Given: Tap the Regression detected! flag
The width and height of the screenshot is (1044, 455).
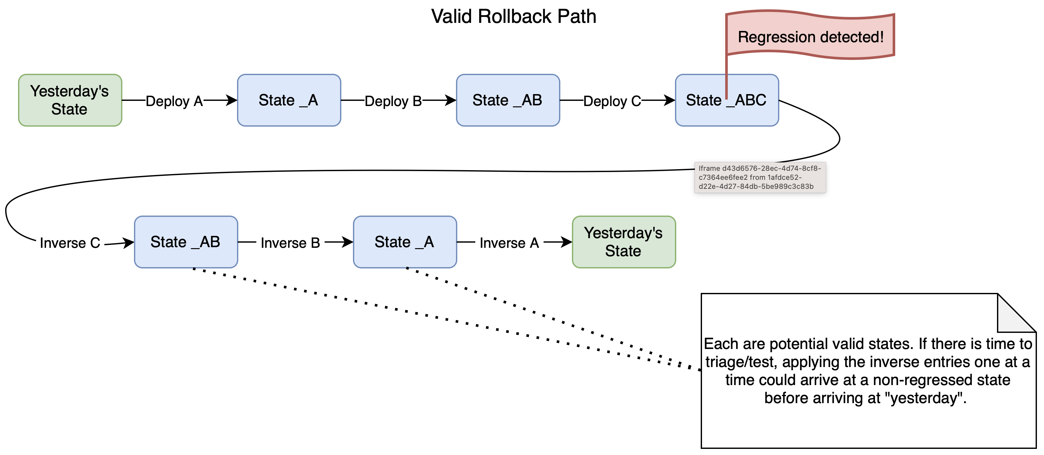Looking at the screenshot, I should (810, 36).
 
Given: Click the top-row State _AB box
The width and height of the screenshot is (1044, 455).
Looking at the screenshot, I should (508, 100).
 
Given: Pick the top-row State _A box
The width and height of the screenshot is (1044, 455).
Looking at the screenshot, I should (289, 100).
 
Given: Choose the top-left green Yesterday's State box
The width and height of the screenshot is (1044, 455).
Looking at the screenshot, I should (70, 100).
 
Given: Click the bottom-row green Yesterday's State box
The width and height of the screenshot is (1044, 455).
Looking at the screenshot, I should (623, 242).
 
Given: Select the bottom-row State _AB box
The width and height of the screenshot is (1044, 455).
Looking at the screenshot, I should (185, 242).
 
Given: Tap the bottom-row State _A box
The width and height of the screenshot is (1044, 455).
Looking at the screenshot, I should (404, 242).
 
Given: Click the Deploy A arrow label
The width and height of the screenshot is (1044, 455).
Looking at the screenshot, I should (174, 101).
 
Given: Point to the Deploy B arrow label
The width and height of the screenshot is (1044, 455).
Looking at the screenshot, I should (393, 101).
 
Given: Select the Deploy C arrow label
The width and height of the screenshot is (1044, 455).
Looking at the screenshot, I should (612, 101).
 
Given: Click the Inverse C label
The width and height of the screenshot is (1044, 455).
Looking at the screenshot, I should (70, 243).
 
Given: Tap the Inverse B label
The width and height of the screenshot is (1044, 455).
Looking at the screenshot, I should (290, 243).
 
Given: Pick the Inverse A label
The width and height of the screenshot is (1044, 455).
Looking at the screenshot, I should (509, 243).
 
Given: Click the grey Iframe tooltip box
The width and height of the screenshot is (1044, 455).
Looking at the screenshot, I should (760, 178).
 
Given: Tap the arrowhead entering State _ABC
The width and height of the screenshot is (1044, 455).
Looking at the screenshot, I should (669, 100).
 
